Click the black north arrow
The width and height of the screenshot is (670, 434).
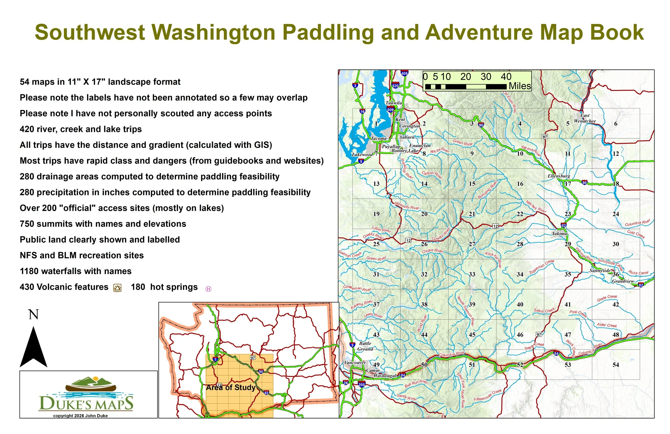click(x=33, y=348)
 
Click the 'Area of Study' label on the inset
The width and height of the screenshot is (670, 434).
click(x=230, y=388)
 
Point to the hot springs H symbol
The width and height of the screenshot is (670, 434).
click(x=208, y=289)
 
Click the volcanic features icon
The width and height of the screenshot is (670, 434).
click(x=117, y=288)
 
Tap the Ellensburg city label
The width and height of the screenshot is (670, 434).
click(x=559, y=176)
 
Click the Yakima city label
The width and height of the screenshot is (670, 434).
click(x=559, y=234)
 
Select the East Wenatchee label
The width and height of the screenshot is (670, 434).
click(x=585, y=118)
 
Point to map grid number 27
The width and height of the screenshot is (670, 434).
click(x=472, y=244)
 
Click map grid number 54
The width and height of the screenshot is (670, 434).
click(x=616, y=365)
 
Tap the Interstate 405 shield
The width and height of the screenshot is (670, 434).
click(x=404, y=73)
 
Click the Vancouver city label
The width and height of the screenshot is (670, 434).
click(x=355, y=363)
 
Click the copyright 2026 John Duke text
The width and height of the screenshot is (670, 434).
click(x=80, y=416)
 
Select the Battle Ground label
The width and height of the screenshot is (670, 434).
click(x=365, y=346)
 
